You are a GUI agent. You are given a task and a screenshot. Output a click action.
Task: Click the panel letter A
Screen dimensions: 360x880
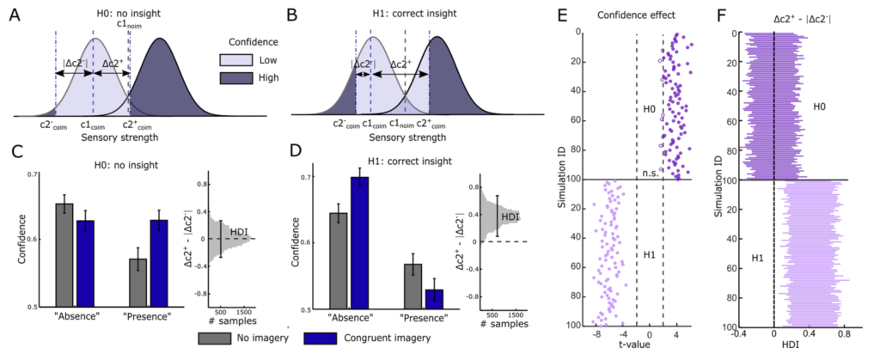[15, 14]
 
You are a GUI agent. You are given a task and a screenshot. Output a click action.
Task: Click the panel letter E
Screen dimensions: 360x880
[565, 14]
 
